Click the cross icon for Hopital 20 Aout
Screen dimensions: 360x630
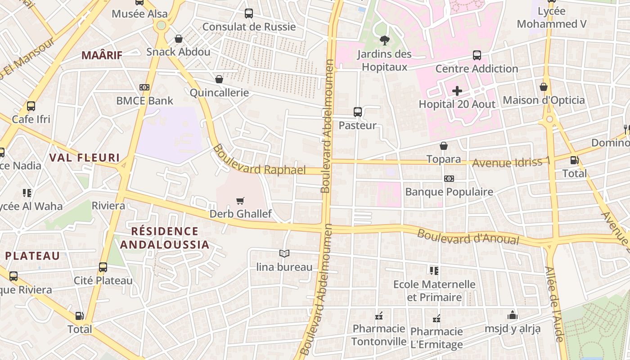click(x=457, y=91)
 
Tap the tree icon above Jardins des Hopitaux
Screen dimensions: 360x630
click(x=384, y=41)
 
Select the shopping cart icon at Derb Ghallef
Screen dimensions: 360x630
click(x=241, y=201)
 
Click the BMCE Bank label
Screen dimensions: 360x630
click(x=145, y=100)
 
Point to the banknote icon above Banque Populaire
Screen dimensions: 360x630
click(x=449, y=179)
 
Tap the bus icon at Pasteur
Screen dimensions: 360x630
click(x=358, y=112)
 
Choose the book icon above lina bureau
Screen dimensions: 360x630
click(x=284, y=254)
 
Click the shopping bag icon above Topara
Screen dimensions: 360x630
click(x=444, y=146)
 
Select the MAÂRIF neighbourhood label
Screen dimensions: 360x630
click(x=102, y=55)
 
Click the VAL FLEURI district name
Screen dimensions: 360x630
click(x=85, y=157)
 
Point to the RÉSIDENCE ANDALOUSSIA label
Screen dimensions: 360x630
click(x=165, y=238)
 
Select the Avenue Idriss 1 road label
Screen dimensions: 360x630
click(x=511, y=162)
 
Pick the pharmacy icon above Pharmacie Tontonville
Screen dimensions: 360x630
click(x=379, y=316)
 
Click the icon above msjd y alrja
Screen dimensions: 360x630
click(x=513, y=315)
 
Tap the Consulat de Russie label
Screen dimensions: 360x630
click(x=249, y=27)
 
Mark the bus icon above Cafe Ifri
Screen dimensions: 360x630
click(x=31, y=106)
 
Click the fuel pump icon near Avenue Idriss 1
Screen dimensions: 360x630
click(x=574, y=160)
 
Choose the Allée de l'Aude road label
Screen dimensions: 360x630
click(x=554, y=304)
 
